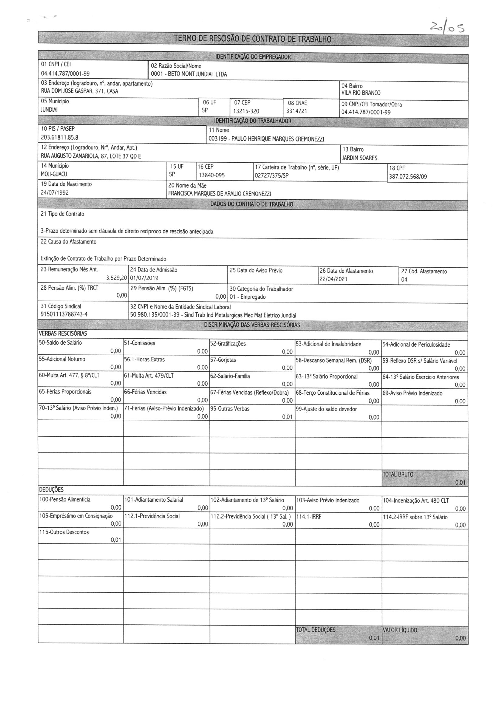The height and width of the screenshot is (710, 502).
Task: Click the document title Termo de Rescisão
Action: (252, 39)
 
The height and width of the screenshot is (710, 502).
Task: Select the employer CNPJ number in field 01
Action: (65, 73)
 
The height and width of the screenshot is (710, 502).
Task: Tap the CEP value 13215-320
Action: (246, 111)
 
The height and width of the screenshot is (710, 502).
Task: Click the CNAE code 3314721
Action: (297, 111)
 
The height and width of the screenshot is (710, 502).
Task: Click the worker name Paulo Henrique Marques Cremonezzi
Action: (266, 139)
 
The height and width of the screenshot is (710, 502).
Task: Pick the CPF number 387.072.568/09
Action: (408, 177)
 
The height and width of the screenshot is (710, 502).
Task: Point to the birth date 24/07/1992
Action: (55, 193)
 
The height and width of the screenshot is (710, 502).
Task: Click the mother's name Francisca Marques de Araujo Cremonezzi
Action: (220, 194)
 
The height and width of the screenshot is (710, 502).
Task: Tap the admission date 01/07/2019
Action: (144, 278)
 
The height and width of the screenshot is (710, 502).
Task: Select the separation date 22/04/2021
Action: (333, 279)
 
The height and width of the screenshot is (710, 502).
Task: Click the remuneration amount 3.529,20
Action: (117, 278)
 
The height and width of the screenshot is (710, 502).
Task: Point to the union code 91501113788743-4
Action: (64, 315)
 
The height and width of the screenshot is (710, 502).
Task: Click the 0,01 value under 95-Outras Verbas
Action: (287, 417)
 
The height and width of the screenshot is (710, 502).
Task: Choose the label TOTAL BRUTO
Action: (398, 474)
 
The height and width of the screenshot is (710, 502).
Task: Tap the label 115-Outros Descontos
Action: (64, 532)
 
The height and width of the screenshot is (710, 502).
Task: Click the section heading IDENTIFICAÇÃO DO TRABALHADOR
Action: (253, 121)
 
